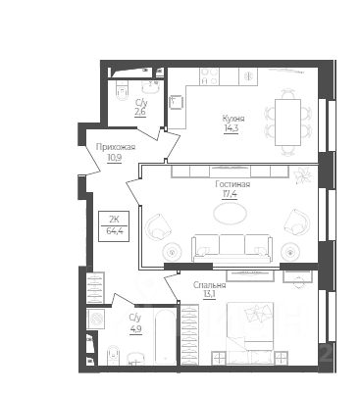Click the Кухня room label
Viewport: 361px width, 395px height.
coord(233,119)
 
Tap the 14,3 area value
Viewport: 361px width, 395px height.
coord(232,128)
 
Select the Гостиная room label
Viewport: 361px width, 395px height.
coord(232,184)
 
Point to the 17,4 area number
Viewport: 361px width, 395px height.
coord(230,194)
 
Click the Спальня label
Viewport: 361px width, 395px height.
coord(210,285)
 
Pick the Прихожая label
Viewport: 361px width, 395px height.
coord(116,147)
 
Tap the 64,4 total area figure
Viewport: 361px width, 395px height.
coord(114,231)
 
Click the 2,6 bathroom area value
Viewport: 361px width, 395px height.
coord(140,112)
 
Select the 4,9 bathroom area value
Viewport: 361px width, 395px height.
coord(135,327)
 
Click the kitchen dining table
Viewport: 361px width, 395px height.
coord(287,123)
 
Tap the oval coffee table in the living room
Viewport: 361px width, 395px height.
coord(230,214)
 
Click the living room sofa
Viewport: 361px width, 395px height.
coord(232,248)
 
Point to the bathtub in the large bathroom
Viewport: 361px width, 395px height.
coord(166,336)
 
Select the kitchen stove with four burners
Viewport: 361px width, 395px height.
coord(209,76)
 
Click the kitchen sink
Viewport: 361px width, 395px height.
coord(177,102)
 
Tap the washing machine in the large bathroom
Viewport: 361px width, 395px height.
coord(95,318)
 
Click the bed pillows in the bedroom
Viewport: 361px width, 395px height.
coord(258,312)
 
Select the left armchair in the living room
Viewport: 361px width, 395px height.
coord(159,226)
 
